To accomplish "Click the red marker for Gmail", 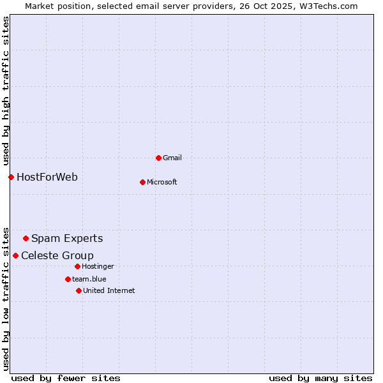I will (158, 158).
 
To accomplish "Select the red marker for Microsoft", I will (142, 182).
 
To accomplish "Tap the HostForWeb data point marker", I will (11, 177).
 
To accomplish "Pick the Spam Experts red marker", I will (26, 239).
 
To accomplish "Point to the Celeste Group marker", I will (15, 255).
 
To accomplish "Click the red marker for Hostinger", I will (77, 266).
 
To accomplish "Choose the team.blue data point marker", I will (68, 279).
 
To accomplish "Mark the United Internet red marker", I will (79, 290).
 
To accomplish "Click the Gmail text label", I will (172, 158).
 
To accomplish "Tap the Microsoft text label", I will (162, 182).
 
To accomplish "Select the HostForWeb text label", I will (47, 177).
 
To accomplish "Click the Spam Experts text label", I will (67, 239).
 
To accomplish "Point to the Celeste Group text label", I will (57, 255).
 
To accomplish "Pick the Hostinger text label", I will (98, 266).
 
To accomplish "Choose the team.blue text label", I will (89, 279).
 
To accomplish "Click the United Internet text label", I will (109, 290).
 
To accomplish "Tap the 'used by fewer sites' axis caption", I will (66, 378).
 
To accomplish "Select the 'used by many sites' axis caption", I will (320, 378).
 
